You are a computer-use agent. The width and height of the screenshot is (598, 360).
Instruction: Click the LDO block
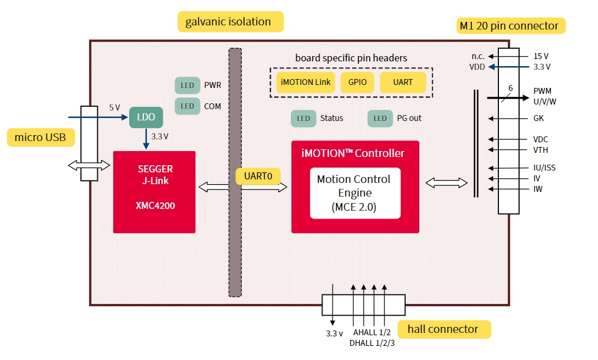146,117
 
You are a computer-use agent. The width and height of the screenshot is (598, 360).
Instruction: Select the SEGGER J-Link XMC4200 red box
154,192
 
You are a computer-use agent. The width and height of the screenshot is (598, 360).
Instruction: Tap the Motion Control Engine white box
354,193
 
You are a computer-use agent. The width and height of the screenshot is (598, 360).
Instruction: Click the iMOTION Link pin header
305,82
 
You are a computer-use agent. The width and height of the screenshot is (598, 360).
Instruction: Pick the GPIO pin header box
357,82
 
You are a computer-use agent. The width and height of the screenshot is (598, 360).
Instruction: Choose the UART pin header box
403,82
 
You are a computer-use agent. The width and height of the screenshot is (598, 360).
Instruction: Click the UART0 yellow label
257,175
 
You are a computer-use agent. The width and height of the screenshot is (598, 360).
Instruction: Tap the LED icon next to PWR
188,86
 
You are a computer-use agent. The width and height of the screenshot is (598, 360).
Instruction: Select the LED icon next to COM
188,106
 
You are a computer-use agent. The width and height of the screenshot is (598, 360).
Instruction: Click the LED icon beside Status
303,118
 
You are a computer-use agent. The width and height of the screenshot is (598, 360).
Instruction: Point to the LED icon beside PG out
380,118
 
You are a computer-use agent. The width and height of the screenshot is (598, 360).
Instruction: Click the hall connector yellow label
444,329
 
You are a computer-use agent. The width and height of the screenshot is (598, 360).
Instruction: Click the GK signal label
538,118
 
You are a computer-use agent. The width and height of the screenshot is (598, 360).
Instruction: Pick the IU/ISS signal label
544,168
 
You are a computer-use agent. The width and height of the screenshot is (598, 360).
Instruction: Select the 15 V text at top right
541,56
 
